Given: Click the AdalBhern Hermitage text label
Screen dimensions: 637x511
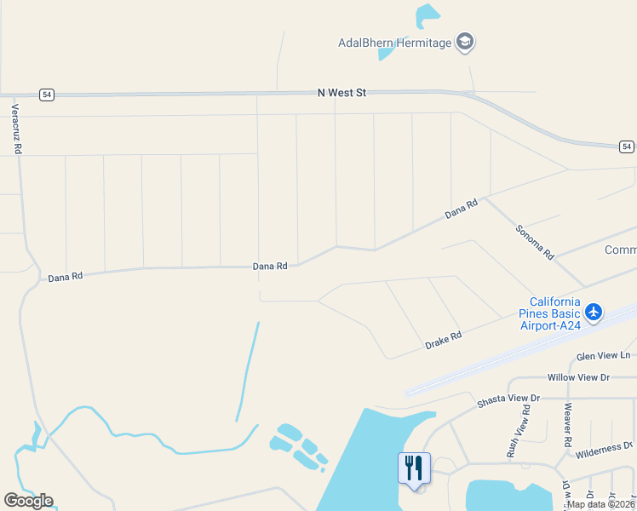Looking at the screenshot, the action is coord(394,43).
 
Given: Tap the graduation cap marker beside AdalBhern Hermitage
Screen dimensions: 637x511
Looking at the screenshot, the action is coord(465,42).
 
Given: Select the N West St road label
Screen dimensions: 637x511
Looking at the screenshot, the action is coord(341,92).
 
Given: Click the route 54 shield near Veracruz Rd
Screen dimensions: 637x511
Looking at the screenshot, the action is coord(47,95).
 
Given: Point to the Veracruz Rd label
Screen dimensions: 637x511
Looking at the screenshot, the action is coord(16,129).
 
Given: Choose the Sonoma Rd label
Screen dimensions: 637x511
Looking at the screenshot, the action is coord(535,242).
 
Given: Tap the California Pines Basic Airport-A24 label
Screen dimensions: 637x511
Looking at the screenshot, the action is coord(555,313).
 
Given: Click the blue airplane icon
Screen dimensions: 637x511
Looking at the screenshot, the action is coord(594,313).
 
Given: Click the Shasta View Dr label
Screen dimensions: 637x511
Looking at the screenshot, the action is coord(508,398).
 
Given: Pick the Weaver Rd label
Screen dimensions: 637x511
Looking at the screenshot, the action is coord(566,423).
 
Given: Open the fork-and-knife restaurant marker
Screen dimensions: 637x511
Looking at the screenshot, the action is coord(414,468).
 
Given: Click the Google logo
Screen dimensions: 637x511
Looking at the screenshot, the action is coord(28,501).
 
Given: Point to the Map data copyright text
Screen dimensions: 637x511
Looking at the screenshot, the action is coord(600,504).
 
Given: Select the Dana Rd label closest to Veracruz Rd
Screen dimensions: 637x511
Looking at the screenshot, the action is coord(66,277).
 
